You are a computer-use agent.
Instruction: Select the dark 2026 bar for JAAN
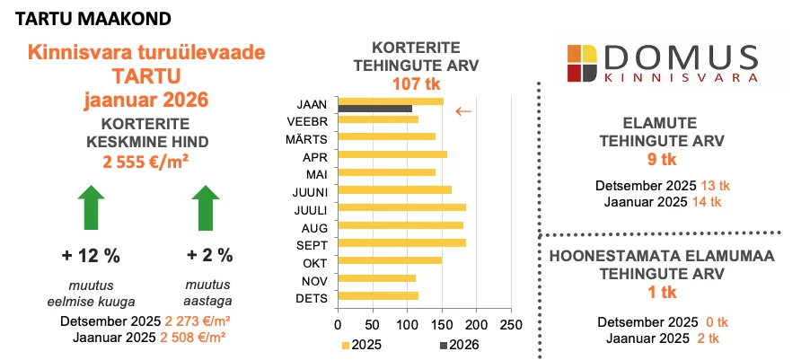coord(374,109)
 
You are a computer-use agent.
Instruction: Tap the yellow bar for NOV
coord(376,278)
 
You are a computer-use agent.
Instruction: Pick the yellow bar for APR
coord(392,154)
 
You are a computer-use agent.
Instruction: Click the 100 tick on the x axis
coord(407,323)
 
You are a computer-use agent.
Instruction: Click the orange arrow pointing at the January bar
coord(462,111)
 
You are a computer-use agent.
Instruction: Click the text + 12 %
coord(91,256)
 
